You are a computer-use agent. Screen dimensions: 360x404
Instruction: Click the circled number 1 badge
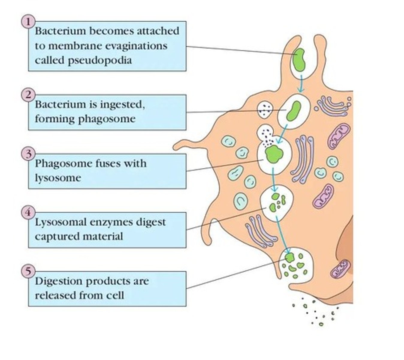click(x=28, y=22)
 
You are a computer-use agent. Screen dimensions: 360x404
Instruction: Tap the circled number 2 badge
click(x=28, y=95)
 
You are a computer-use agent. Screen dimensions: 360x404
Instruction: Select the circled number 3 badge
click(x=28, y=154)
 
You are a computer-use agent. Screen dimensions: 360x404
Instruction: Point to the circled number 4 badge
click(x=28, y=212)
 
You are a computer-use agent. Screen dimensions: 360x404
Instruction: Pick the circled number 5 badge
click(x=28, y=271)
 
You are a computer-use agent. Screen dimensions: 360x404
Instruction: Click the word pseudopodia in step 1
click(x=100, y=61)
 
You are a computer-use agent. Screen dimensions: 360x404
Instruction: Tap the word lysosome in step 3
click(x=58, y=178)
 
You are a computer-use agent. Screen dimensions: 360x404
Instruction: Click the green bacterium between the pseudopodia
click(x=299, y=60)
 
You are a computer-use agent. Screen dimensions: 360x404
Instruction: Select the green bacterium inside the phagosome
click(x=293, y=111)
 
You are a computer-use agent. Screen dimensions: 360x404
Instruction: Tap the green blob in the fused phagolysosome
click(x=274, y=154)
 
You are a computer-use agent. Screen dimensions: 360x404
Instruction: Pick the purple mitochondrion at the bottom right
click(x=340, y=269)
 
